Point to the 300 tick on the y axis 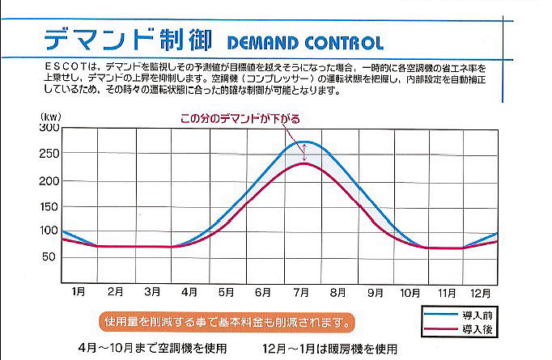click(x=49, y=128)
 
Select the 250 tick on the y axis click(x=49, y=154)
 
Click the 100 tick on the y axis click(x=49, y=231)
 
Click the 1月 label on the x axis click(x=79, y=291)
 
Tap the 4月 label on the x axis click(x=189, y=291)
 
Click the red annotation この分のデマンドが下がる click(x=240, y=119)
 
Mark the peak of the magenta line click(x=303, y=163)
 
